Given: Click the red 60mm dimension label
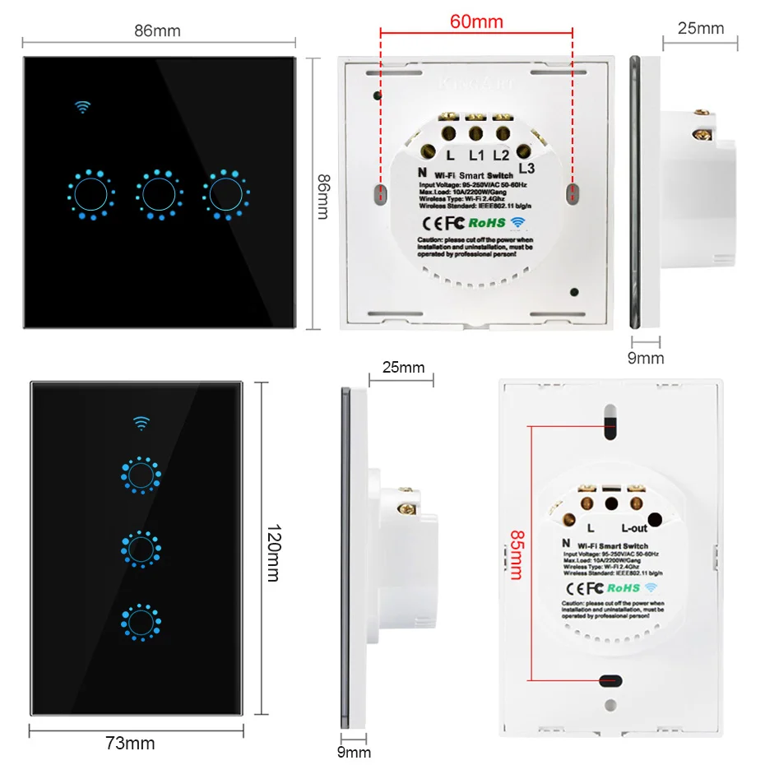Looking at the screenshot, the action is tap(476, 21).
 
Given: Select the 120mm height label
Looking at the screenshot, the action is tap(273, 550).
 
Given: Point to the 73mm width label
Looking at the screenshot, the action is tap(131, 744).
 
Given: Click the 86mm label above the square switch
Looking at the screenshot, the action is tap(157, 32).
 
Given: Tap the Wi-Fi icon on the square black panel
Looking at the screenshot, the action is tap(82, 108).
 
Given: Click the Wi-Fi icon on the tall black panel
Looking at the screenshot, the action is tap(142, 424).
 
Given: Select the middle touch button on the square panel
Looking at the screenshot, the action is tap(157, 195).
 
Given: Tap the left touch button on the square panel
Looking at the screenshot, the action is tap(90, 195).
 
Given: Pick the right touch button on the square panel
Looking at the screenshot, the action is tap(225, 195).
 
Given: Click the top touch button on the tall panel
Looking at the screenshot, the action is tap(141, 476).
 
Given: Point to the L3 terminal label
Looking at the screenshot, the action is tap(527, 167).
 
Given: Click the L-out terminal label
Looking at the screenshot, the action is tap(634, 528).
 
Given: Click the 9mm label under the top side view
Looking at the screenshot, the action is tap(646, 358).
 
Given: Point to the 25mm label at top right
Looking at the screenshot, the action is tap(700, 29).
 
